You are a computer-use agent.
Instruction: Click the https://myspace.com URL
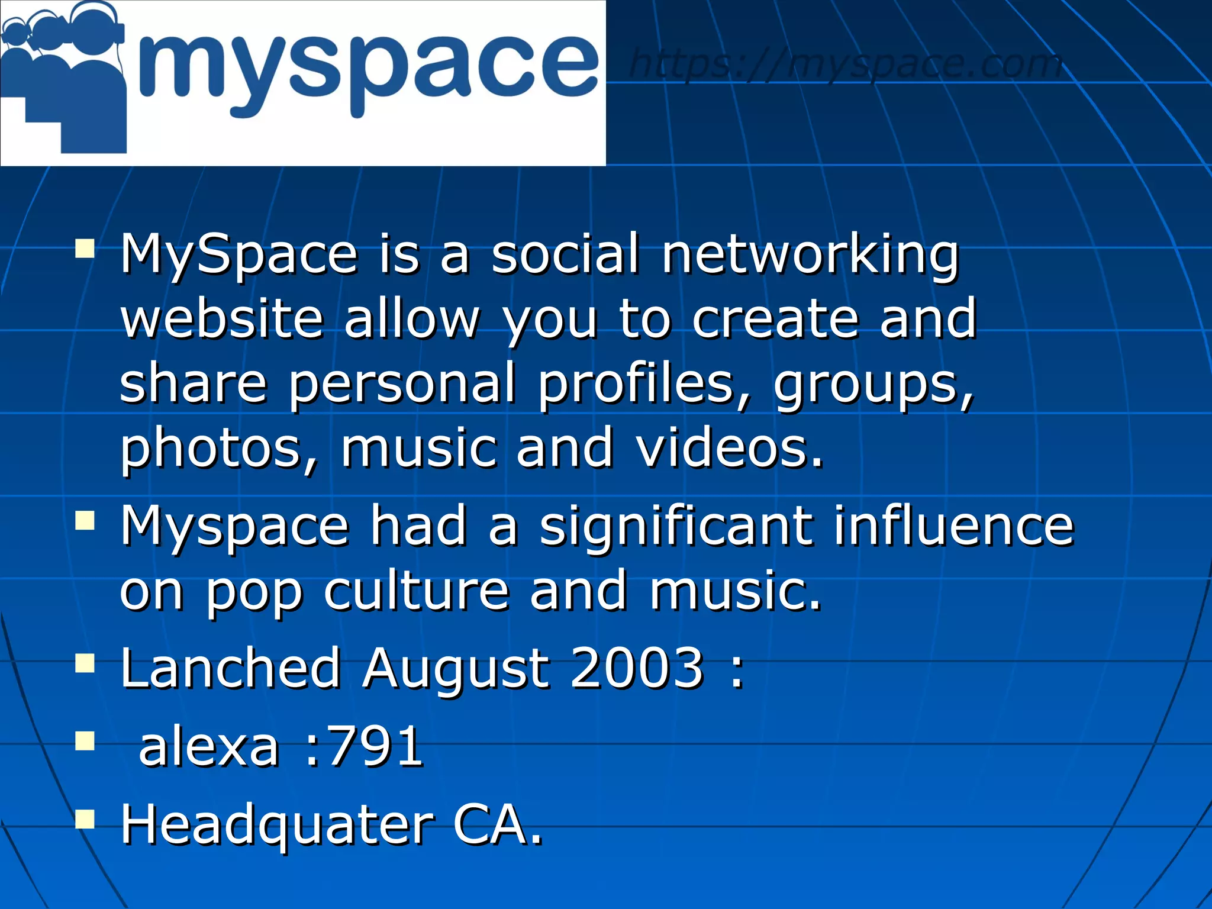click(x=846, y=63)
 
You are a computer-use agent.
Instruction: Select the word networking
click(x=810, y=254)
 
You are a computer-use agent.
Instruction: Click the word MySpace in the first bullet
click(x=239, y=254)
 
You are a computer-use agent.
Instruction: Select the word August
click(x=456, y=669)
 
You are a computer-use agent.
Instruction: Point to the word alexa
click(x=208, y=747)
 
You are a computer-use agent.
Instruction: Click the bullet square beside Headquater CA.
click(x=85, y=819)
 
